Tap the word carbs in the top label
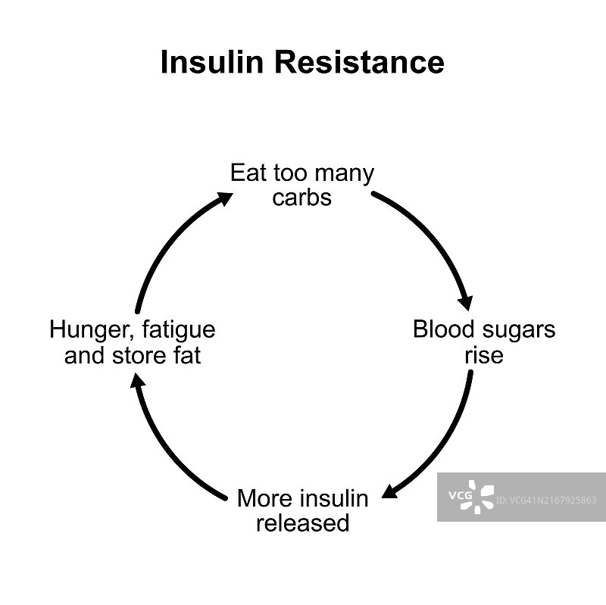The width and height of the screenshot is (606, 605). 301,198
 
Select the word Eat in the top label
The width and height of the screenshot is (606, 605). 248,173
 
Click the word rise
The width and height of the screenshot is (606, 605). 483,354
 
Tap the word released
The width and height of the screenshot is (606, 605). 302,523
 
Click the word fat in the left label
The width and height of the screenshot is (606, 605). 188,354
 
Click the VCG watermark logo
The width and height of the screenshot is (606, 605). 471,496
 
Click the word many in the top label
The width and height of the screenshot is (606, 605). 344,174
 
